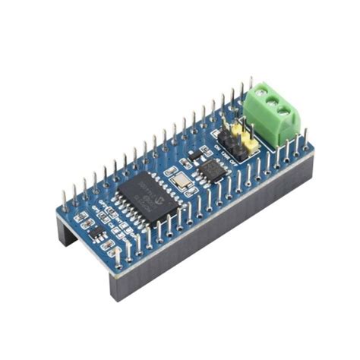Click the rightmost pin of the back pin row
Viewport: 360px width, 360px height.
(251, 85)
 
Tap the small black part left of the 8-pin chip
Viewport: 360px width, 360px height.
(194, 155)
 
